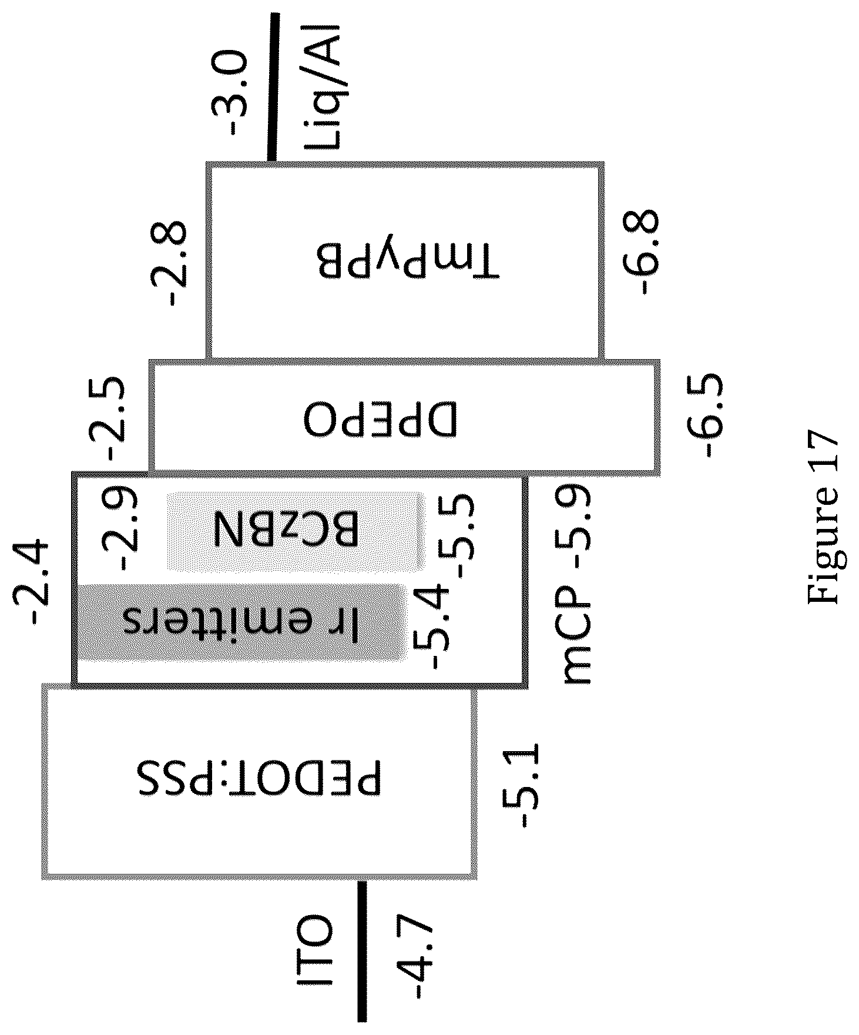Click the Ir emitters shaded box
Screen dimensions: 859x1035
pyautogui.click(x=241, y=622)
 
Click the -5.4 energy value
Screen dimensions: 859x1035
pyautogui.click(x=432, y=627)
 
